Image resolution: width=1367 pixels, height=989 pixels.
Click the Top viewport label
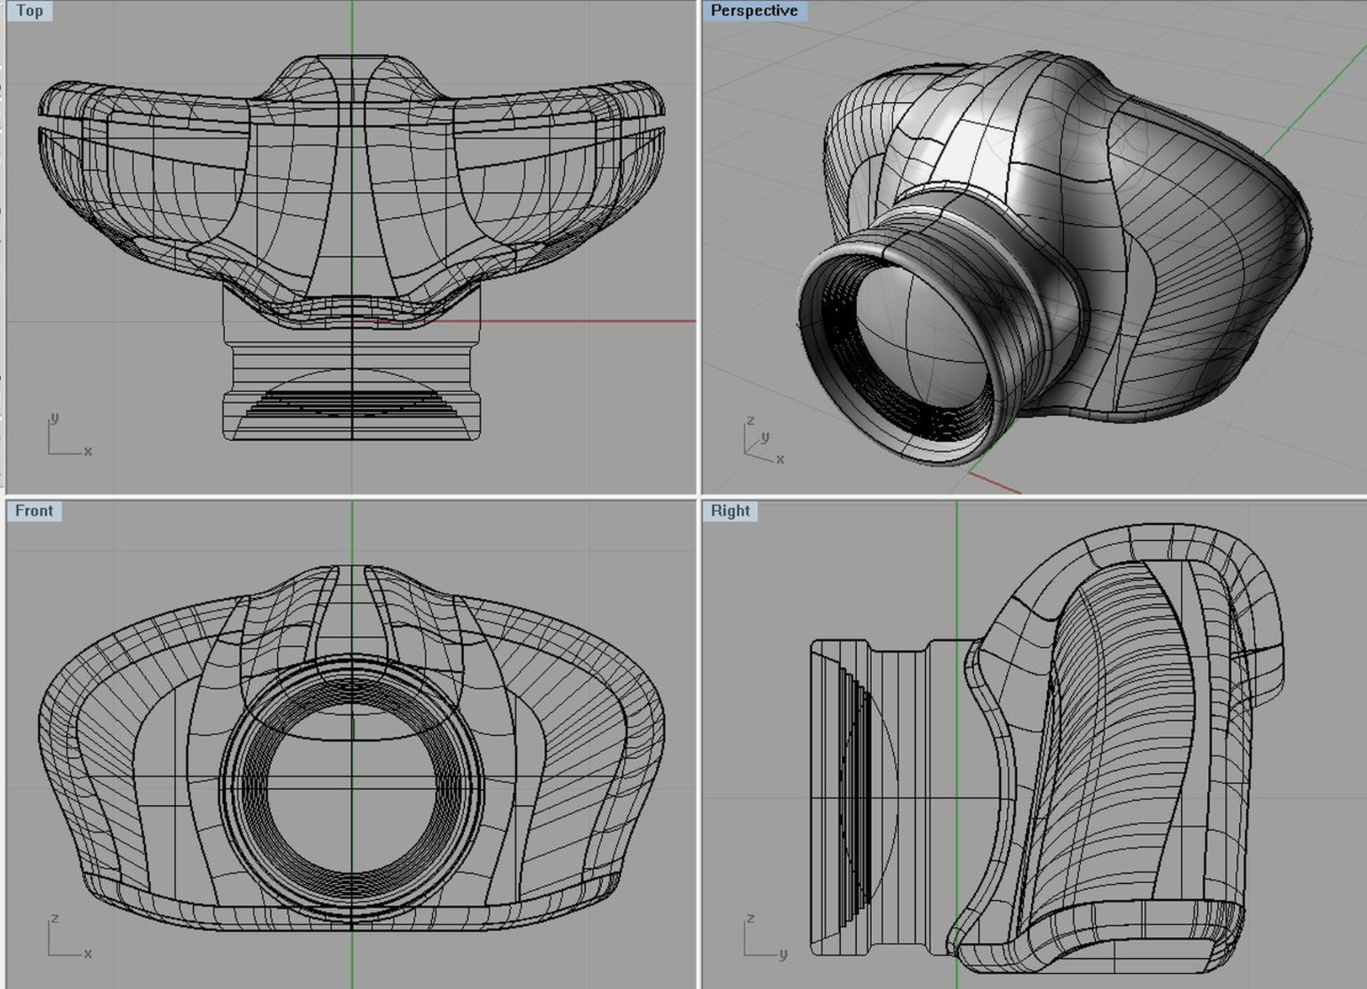click(29, 11)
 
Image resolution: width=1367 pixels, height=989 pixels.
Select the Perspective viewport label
click(754, 11)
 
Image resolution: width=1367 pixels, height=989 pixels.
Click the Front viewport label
click(34, 511)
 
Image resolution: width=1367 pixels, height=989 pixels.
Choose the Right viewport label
click(730, 511)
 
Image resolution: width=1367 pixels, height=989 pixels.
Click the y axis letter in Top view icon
click(54, 417)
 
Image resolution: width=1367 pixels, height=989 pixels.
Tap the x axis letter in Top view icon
click(88, 451)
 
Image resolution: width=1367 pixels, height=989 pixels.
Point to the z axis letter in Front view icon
click(54, 918)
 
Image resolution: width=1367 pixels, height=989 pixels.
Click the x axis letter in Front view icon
click(88, 953)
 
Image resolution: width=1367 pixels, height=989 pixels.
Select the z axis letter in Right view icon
click(750, 918)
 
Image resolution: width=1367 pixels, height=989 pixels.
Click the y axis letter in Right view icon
click(783, 954)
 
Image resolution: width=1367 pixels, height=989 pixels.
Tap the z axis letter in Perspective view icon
click(750, 419)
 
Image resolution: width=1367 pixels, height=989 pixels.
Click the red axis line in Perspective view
click(995, 483)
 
